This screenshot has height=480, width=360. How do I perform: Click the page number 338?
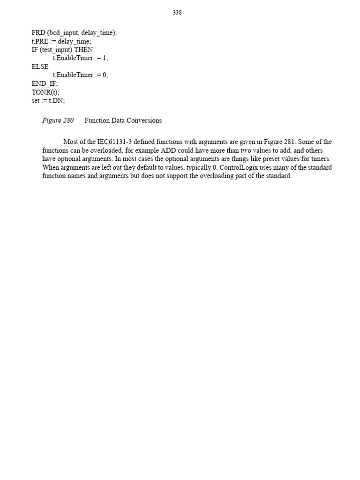[x=177, y=13]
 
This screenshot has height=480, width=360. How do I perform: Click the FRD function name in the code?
[x=38, y=33]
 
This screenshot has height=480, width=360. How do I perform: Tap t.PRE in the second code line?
[x=39, y=41]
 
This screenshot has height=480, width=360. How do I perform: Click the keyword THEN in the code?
[x=84, y=50]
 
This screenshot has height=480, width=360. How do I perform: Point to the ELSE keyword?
[x=40, y=67]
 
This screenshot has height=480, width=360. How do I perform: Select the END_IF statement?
[x=45, y=83]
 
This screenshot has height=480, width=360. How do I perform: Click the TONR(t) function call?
[x=45, y=92]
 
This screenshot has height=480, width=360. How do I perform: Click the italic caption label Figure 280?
[x=58, y=120]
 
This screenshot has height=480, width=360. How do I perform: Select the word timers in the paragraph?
[x=320, y=159]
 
